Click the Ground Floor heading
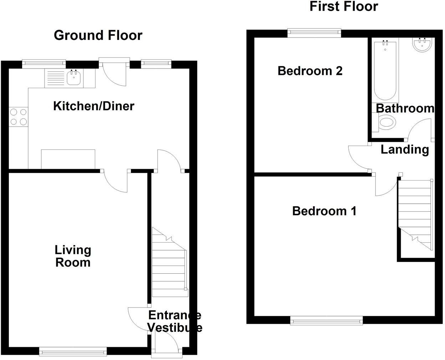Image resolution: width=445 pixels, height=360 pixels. (98, 35)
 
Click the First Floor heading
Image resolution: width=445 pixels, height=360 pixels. (343, 6)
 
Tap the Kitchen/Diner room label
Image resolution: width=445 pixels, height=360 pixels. (93, 106)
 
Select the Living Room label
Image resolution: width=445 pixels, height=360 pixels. (73, 256)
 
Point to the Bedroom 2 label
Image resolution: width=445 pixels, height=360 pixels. (310, 71)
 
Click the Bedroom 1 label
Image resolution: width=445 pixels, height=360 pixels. (324, 211)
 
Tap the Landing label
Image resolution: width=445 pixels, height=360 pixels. (405, 149)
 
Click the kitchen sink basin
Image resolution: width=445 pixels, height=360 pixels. (74, 78)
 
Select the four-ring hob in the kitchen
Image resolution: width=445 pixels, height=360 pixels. (19, 117)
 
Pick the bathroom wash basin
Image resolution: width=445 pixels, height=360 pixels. (422, 45)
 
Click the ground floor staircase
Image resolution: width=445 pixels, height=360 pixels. (169, 264)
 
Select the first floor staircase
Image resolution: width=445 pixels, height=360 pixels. (415, 214)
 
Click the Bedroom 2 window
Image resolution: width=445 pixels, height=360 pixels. (314, 33)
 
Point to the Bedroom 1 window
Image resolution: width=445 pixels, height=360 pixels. (327, 321)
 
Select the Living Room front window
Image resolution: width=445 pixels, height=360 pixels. (73, 352)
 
